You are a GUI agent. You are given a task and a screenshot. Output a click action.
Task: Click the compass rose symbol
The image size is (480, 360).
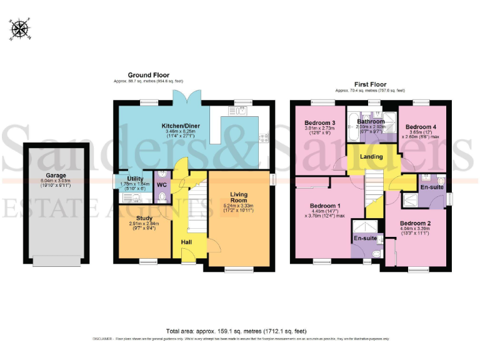[x=20, y=29]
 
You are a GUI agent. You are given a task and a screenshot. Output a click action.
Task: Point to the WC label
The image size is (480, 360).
[x=161, y=186]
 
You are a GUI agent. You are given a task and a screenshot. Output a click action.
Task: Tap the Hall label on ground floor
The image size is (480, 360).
[x=186, y=242]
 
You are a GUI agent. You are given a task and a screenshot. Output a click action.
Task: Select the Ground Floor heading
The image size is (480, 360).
[x=148, y=75]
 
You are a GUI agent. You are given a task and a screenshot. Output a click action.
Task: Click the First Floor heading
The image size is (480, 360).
[x=370, y=84]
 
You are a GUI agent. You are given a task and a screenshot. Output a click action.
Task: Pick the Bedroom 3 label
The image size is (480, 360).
[x=320, y=122]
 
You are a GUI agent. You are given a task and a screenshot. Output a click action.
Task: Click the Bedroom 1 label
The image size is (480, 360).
[x=325, y=206]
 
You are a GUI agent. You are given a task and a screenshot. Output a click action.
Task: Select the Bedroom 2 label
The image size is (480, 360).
[x=416, y=223]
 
